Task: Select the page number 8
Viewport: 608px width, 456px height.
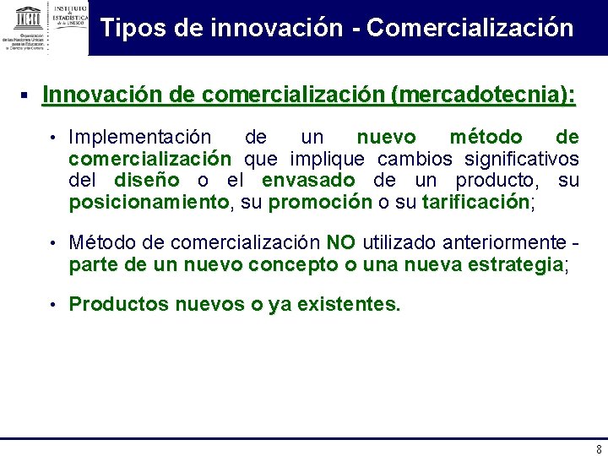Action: point(599,449)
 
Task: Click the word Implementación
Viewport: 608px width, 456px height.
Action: point(140,137)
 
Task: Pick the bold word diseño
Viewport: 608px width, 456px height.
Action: point(146,180)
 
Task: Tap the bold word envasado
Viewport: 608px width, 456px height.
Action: point(308,180)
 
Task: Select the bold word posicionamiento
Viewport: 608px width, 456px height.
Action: point(149,202)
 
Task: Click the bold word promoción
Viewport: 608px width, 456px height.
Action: point(320,202)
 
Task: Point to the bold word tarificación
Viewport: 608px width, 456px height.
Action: point(475,202)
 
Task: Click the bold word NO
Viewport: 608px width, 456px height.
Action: point(340,243)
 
